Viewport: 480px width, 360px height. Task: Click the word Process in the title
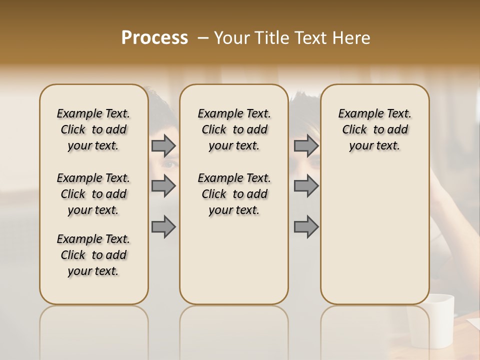tap(154, 38)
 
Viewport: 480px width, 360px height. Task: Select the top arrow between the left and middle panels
tap(163, 145)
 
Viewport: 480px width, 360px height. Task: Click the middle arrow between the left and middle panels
tap(163, 186)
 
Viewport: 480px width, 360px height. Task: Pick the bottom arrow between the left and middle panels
tap(163, 226)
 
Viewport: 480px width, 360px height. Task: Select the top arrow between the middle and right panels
tap(306, 145)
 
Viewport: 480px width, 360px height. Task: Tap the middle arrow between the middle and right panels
tap(306, 186)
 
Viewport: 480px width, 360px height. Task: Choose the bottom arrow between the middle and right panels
tap(306, 226)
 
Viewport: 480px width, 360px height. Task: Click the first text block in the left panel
tap(93, 129)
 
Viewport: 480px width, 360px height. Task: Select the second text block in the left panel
tap(93, 194)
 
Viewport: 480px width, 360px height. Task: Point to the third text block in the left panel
tap(93, 255)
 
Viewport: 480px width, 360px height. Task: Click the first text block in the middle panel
tap(234, 129)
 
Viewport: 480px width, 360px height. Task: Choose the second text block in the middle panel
tap(234, 194)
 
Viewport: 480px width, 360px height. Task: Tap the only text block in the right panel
tap(375, 129)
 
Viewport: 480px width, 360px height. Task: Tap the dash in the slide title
tap(203, 38)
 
